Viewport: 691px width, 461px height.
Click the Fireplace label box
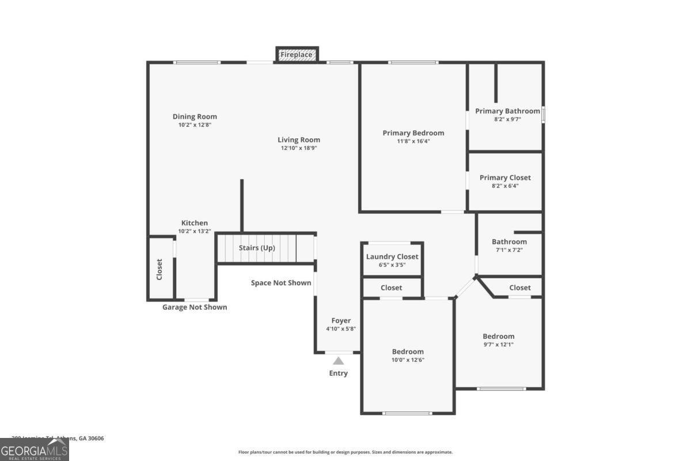click(x=297, y=55)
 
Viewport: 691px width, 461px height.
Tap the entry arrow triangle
click(x=339, y=361)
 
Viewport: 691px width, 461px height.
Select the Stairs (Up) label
click(x=257, y=248)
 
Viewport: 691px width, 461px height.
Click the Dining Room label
click(x=195, y=116)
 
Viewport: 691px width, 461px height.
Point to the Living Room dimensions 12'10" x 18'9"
click(x=299, y=148)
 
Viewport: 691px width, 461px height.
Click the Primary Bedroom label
click(x=413, y=133)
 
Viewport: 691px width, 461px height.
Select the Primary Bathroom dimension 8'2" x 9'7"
click(x=507, y=119)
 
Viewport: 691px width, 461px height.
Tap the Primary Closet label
click(x=505, y=177)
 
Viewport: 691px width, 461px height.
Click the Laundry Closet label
click(x=392, y=256)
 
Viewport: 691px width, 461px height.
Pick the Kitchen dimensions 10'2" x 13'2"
click(x=195, y=231)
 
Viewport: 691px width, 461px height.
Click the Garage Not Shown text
click(x=195, y=307)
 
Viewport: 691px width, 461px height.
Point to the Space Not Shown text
click(x=281, y=282)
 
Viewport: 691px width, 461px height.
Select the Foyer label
click(x=341, y=320)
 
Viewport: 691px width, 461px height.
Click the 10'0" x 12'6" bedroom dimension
click(x=408, y=360)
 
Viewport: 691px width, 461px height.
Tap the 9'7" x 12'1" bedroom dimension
click(x=498, y=345)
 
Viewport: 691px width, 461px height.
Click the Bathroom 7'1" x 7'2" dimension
click(x=509, y=250)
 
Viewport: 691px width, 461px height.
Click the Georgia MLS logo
click(x=35, y=449)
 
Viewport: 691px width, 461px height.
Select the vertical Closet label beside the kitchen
click(x=160, y=269)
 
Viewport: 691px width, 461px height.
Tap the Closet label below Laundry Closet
click(x=392, y=288)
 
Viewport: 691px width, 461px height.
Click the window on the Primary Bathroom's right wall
click(x=543, y=114)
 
